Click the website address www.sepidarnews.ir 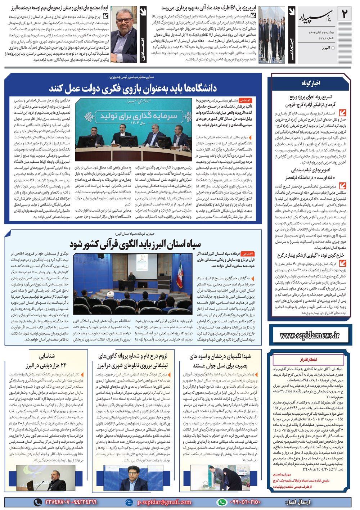pyautogui.click(x=309, y=335)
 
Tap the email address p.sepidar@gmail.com pyautogui.click(x=164, y=502)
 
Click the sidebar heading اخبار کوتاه pyautogui.click(x=311, y=83)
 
